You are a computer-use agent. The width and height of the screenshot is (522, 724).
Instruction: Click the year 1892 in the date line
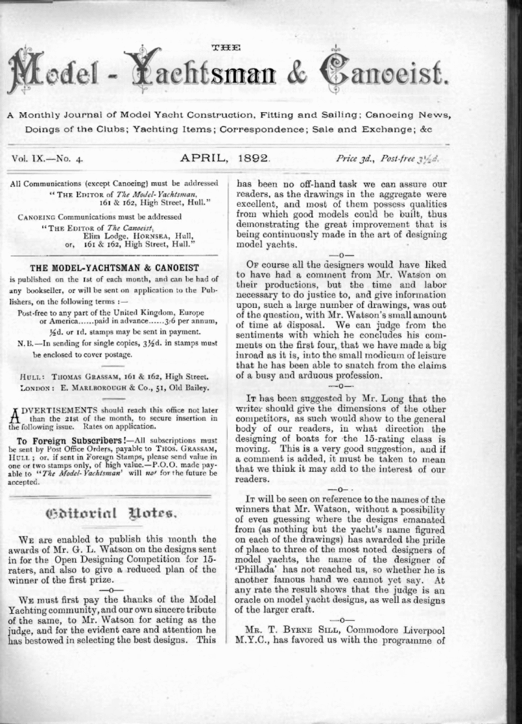click(x=255, y=158)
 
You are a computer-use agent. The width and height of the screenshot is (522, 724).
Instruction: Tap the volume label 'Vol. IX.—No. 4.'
click(x=48, y=158)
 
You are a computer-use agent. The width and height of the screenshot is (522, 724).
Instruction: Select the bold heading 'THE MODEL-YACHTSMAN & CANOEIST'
click(x=114, y=267)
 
